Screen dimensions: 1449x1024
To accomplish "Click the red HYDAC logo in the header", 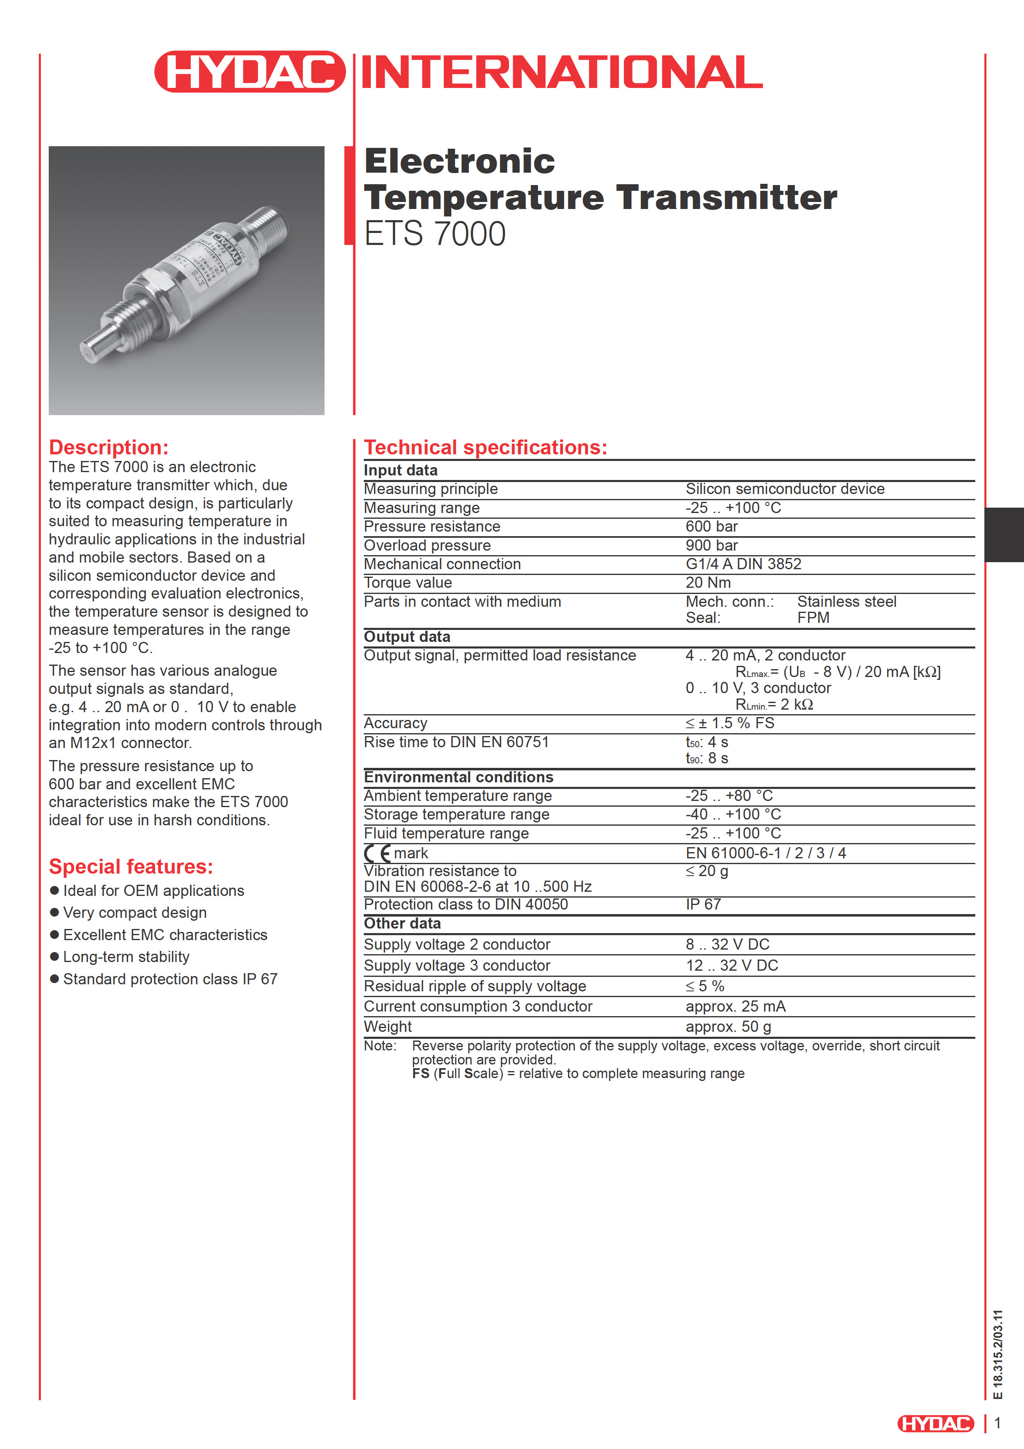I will pos(250,72).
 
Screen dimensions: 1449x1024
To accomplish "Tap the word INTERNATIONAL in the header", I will pos(562,72).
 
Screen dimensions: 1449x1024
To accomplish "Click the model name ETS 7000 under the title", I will pos(435,234).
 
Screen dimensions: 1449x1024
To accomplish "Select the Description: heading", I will pos(109,447).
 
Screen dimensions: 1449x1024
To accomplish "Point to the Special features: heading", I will pos(130,867).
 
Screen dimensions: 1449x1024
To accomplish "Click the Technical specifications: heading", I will pos(485,447).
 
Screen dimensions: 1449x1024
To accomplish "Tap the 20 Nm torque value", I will pos(708,582).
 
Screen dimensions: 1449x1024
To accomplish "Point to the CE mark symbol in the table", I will pos(377,853).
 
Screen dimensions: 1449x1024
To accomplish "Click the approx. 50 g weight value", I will pos(728,1027).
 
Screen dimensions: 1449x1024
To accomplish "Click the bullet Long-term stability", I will pos(126,957).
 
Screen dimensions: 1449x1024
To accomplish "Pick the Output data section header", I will pos(407,637).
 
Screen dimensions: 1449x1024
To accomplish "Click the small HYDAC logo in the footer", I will pos(936,1423).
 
